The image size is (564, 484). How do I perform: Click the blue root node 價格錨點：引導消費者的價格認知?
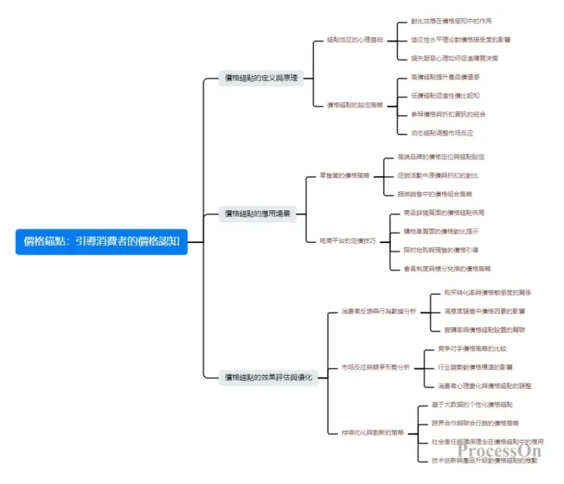[x=101, y=242]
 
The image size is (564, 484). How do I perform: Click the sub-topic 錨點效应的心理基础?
[x=354, y=39]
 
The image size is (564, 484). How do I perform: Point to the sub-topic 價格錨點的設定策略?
[x=354, y=104]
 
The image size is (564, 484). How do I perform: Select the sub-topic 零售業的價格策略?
[x=345, y=175]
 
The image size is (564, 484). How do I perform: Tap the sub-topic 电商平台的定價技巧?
[x=348, y=241]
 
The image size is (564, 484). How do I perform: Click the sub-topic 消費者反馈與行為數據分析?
[x=379, y=312]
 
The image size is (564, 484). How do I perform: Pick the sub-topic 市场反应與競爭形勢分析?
[x=376, y=367]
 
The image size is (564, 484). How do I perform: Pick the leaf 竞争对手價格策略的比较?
[x=472, y=348]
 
